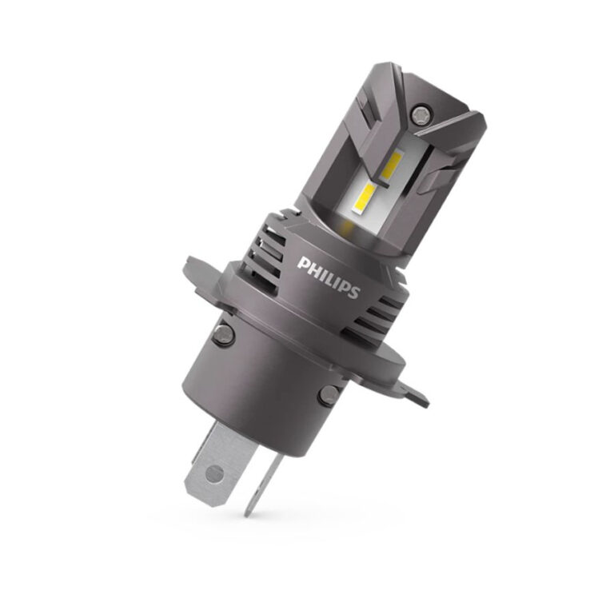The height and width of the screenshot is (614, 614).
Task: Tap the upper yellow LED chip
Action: (x=393, y=165)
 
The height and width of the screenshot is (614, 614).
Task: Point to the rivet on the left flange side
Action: (x=223, y=334)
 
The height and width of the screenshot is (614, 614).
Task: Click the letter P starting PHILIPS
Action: (x=304, y=263)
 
